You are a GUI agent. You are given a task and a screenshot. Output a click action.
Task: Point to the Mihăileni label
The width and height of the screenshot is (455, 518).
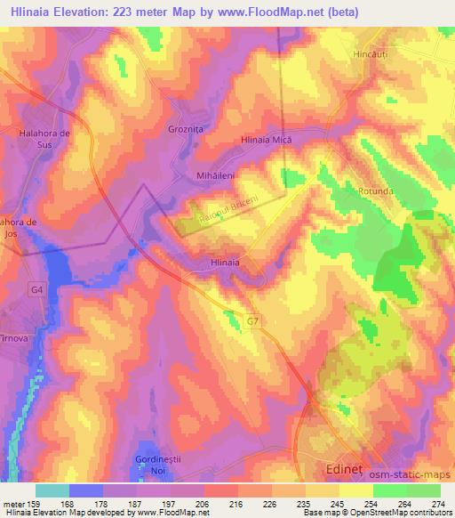click(x=214, y=176)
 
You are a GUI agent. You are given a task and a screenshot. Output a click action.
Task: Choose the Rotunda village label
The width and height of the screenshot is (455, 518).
click(x=376, y=190)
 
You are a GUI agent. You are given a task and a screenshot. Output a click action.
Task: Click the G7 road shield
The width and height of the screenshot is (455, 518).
click(x=254, y=320)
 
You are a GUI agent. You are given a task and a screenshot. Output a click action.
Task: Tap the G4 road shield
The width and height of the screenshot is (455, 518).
click(x=36, y=289)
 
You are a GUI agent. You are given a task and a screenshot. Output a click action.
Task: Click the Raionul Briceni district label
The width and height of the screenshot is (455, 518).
click(x=228, y=209)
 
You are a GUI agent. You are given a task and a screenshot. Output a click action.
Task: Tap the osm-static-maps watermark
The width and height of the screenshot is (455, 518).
click(x=414, y=476)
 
